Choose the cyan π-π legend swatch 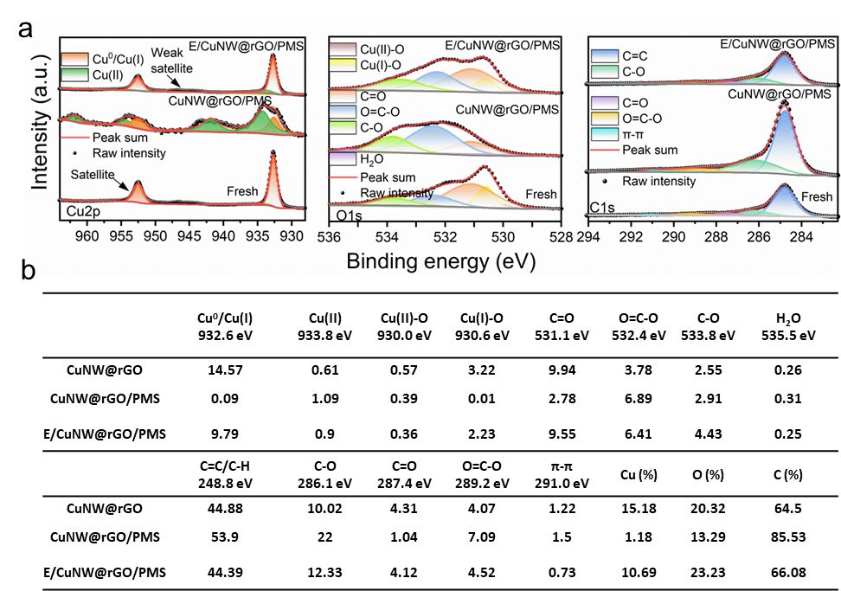604,133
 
